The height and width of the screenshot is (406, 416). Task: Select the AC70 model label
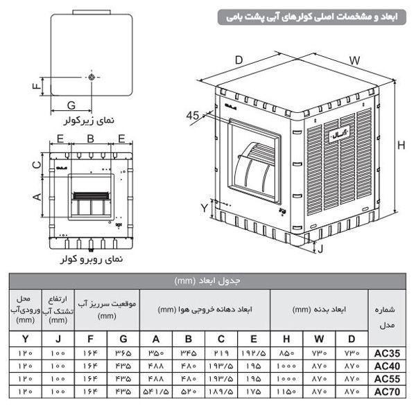point(386,391)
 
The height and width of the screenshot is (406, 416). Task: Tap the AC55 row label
point(386,378)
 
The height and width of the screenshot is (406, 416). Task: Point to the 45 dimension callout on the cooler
point(193,116)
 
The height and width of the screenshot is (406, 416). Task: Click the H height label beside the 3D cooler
point(401,146)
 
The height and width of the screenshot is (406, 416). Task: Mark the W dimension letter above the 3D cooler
point(354,61)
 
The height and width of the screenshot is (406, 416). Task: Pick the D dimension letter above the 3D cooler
point(239,60)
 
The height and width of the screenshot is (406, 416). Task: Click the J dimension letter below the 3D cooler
point(320,247)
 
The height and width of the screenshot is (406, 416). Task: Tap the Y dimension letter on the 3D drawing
point(204,207)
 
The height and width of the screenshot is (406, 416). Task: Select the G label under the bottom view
point(71,105)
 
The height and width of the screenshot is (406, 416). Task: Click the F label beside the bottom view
point(35,87)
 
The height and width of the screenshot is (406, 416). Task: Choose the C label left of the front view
point(36,164)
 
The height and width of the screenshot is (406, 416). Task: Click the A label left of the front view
point(36,197)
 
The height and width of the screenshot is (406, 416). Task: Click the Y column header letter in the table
point(26,339)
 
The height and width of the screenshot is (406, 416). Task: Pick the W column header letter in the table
point(318,339)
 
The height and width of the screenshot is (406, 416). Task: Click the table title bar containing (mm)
point(208,281)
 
